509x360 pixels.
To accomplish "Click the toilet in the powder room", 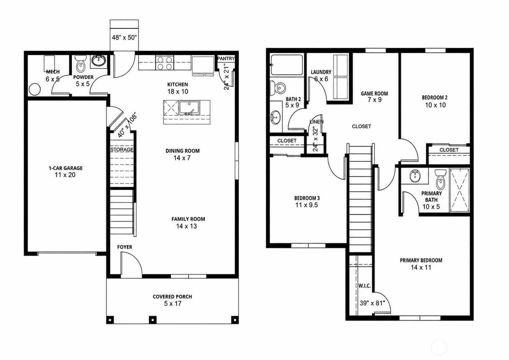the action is click(80, 64).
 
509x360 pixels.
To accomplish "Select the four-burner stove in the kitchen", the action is click(164, 63).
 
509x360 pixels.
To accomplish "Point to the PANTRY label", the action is click(226, 58).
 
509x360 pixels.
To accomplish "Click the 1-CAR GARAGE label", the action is click(66, 168).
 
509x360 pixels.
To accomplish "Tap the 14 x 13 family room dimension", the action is click(186, 226).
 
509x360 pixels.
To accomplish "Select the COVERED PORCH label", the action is click(172, 297).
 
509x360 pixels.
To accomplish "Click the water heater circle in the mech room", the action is click(35, 89).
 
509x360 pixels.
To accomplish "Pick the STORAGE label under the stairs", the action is click(122, 150).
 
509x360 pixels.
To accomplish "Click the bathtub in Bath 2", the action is click(287, 65).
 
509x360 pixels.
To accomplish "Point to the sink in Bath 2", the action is click(275, 117).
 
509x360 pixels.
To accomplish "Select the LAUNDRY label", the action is click(321, 72).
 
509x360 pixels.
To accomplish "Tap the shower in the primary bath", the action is click(460, 190).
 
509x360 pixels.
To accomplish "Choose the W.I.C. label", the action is click(364, 286).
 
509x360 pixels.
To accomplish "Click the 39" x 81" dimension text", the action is click(372, 303).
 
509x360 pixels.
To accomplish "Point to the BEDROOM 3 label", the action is click(307, 198).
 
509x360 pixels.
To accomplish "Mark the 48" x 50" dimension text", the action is click(124, 38).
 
